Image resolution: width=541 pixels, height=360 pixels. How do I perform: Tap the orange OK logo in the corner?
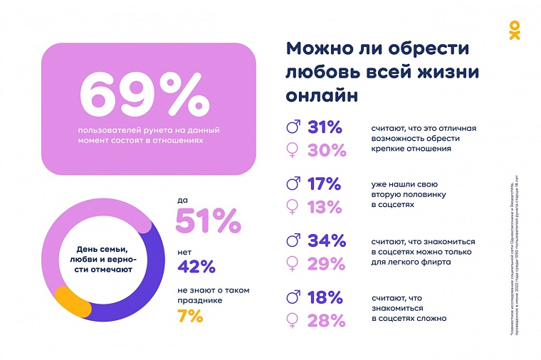point(514,30)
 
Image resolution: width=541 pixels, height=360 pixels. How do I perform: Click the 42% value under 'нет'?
point(196,267)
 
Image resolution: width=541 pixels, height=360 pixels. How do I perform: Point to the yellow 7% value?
point(190,317)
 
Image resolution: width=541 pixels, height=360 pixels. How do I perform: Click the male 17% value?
point(325,184)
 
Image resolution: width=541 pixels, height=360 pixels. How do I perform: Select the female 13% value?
point(325,206)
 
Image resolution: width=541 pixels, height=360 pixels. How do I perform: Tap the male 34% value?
point(326,240)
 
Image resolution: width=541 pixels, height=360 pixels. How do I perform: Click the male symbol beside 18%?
point(292,297)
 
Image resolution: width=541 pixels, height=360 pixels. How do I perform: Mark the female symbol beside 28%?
point(292,319)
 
